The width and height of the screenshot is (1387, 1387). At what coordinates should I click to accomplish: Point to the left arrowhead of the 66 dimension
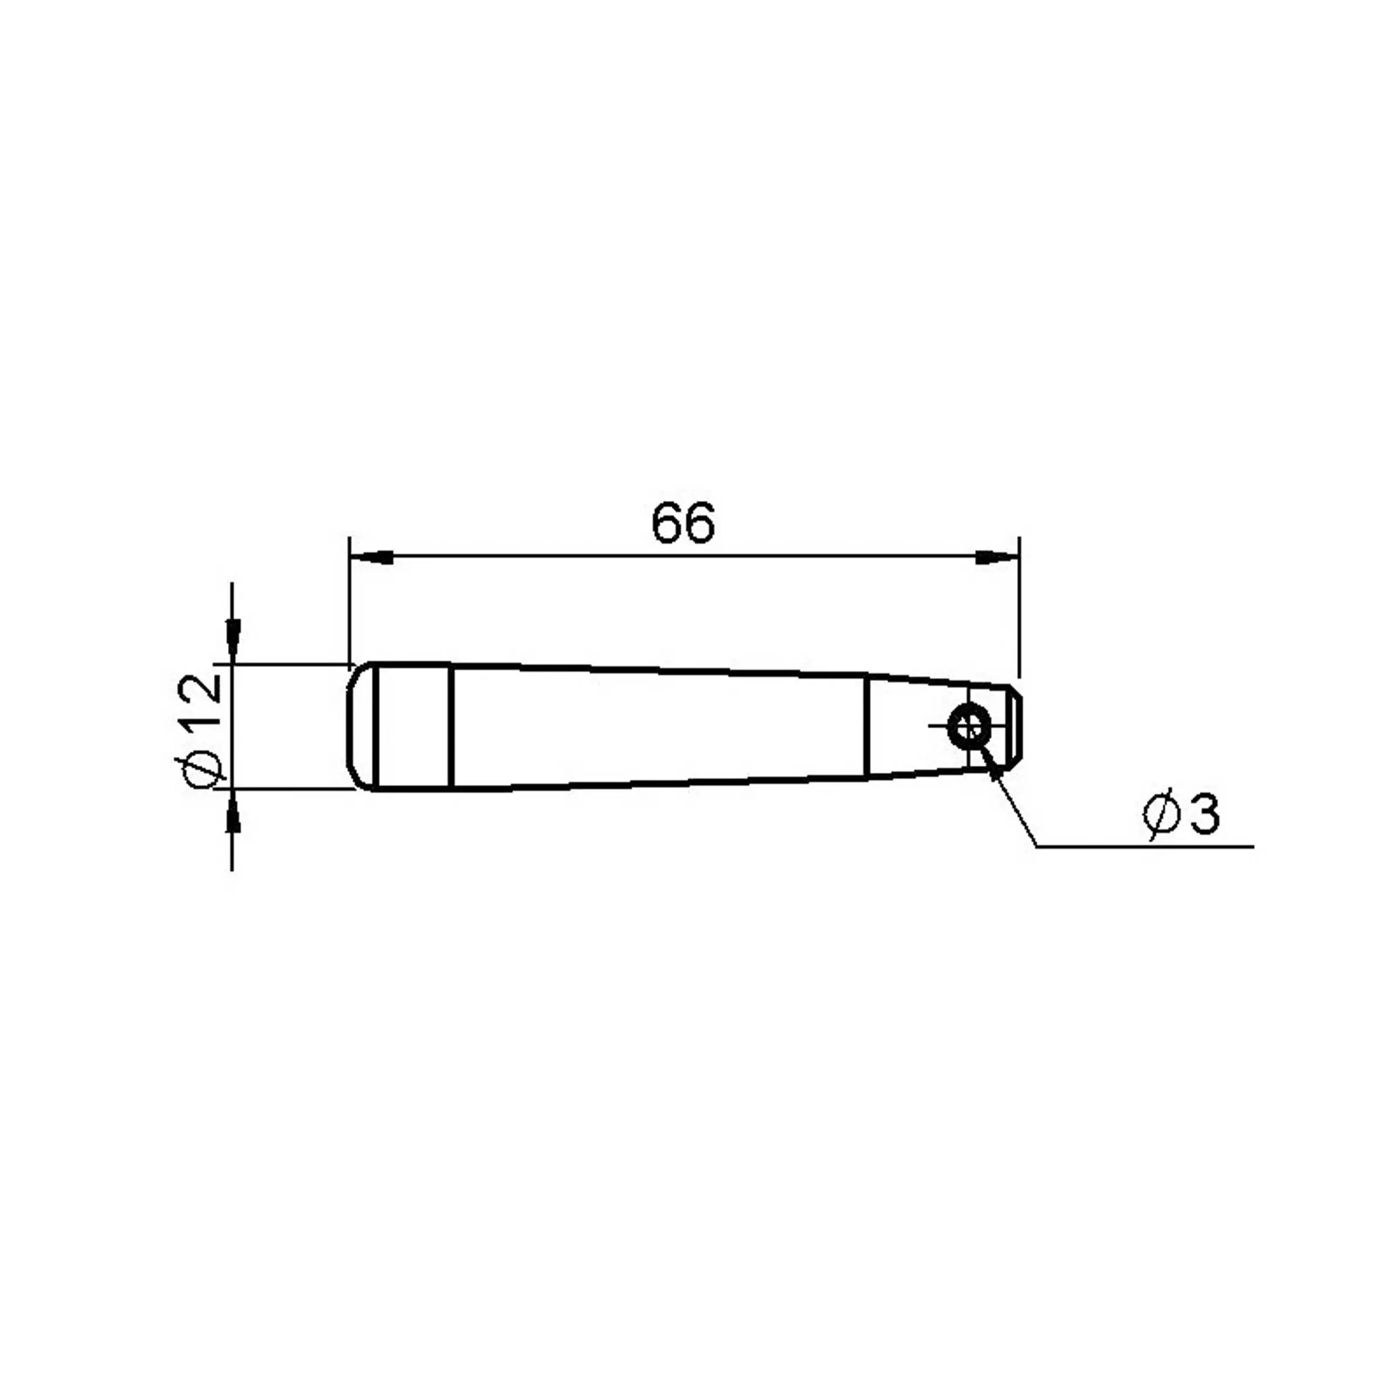point(371,557)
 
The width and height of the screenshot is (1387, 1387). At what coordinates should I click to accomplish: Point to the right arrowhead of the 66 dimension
point(997,557)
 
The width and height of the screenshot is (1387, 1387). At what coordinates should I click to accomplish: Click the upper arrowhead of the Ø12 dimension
point(232,641)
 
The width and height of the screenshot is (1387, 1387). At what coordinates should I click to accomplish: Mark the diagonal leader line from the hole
point(1010,796)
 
